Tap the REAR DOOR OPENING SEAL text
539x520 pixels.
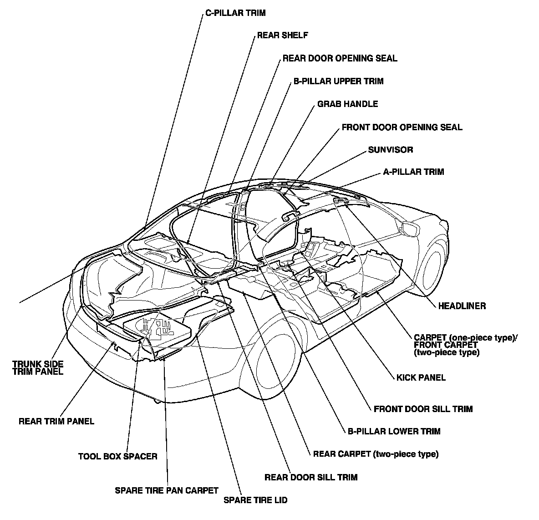pos(340,58)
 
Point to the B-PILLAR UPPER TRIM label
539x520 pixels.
pos(338,82)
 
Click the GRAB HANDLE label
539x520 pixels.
pos(347,104)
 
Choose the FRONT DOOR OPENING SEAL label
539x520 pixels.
pos(402,127)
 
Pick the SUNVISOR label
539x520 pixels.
pos(391,149)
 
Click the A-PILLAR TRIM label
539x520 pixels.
pos(413,172)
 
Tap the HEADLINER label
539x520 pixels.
pos(462,306)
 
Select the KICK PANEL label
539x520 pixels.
pos(421,377)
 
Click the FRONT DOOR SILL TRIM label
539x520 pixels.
pos(423,409)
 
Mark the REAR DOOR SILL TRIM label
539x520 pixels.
pos(311,477)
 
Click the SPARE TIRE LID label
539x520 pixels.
pos(255,500)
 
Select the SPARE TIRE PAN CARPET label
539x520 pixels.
pos(167,490)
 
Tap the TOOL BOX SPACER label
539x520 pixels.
pos(117,456)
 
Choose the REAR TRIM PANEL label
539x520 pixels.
pos(56,421)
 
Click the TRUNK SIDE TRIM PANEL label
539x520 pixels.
pos(38,367)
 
